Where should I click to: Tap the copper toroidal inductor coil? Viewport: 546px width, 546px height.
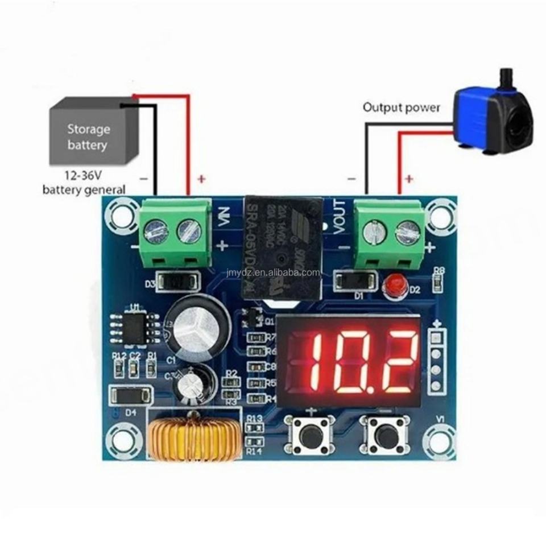192,440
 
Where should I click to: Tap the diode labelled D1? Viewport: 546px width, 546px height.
355,280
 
